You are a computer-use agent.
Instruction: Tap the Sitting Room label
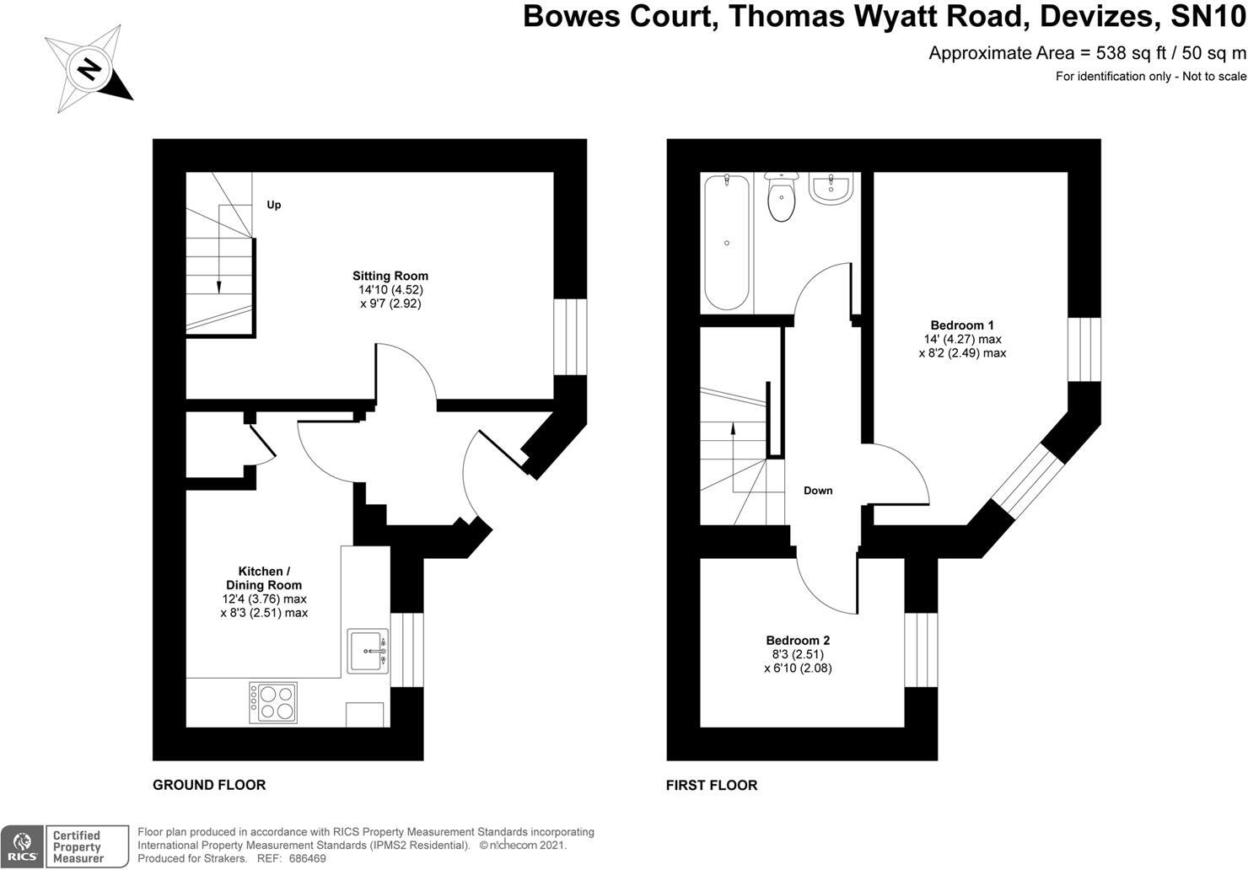[390, 276]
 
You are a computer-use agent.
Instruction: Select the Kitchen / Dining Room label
[263, 578]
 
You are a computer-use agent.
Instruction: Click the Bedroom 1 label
[962, 325]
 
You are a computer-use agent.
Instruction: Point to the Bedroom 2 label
[798, 641]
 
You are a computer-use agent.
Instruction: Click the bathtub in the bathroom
[727, 243]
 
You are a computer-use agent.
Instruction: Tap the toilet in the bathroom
[782, 196]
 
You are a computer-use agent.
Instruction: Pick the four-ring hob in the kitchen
[272, 702]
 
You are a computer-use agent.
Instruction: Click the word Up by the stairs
[274, 205]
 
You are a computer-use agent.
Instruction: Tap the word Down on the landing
[818, 491]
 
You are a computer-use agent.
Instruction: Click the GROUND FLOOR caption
[209, 785]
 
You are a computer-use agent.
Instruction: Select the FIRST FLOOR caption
[712, 785]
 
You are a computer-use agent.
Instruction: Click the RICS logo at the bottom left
[22, 846]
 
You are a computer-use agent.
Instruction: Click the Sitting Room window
[569, 336]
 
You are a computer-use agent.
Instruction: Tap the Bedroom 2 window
[921, 650]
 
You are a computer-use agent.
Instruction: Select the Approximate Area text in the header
[1087, 53]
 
